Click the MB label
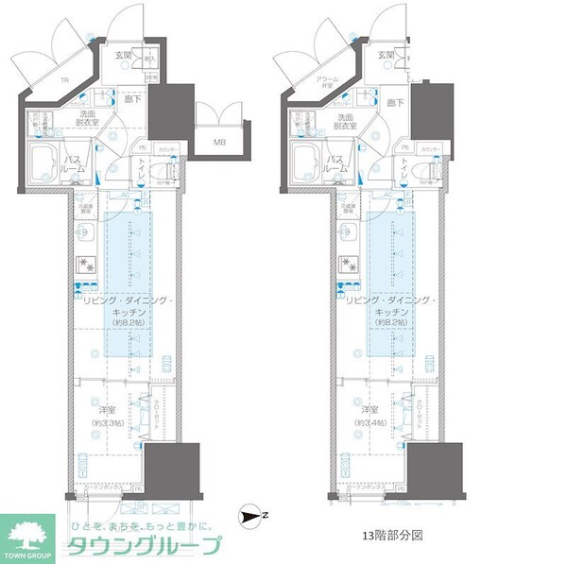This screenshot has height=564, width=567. [x=219, y=143]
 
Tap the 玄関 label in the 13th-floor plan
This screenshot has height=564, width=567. [x=385, y=55]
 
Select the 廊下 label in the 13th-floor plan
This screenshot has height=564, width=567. [x=394, y=102]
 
